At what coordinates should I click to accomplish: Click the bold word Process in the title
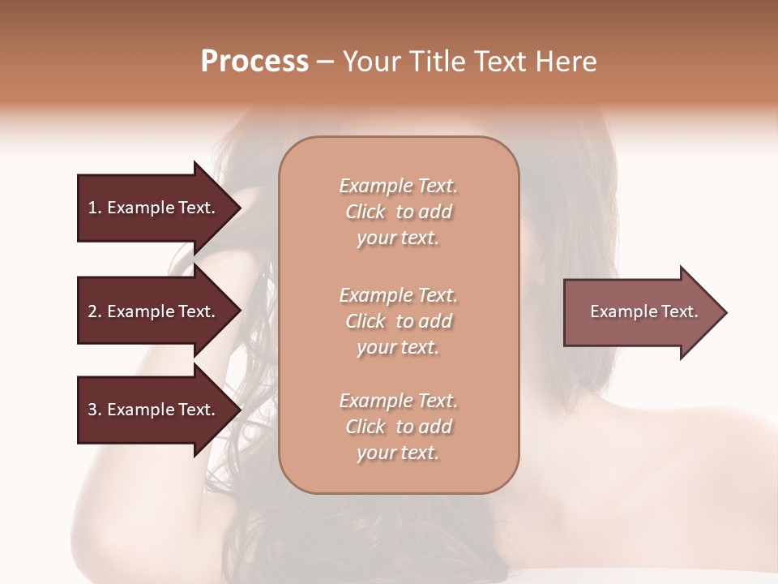point(254,62)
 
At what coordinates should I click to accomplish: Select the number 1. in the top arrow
point(95,208)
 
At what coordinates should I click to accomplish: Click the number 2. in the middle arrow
point(95,311)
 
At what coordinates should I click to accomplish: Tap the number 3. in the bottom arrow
point(95,410)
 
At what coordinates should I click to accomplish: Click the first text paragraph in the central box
point(398,212)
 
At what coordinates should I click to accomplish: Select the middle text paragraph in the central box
point(398,321)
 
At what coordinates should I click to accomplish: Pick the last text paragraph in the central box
point(398,427)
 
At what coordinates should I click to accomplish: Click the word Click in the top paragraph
point(365,213)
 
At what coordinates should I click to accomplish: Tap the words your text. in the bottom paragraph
point(398,453)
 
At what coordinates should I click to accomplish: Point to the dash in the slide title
point(326,62)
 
